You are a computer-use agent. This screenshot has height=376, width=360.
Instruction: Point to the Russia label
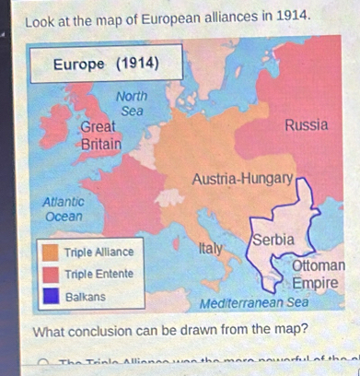tap(307, 124)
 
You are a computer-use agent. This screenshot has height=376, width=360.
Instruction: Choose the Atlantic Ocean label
tap(64, 207)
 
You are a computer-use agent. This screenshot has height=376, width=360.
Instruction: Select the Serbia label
tap(273, 239)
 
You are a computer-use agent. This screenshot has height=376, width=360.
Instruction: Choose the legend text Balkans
tap(84, 296)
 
